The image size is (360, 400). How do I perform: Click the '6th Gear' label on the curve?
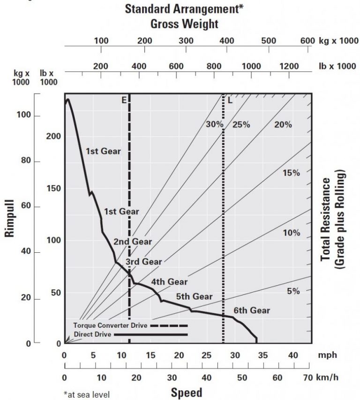pos(252,310)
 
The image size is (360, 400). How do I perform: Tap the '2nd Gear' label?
pos(132,242)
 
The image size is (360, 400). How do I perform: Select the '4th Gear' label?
pos(169,282)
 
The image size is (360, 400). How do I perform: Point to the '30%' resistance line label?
pos(214,124)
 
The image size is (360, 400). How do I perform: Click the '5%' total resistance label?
pos(293,291)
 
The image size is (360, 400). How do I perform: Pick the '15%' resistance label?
pos(291,173)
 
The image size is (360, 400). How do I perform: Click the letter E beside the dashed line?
pos(124,100)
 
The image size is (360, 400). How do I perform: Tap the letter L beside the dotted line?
pos(230,100)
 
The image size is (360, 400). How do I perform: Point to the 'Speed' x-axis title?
pos(186,392)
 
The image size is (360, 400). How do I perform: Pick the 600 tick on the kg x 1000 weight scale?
pos(307,40)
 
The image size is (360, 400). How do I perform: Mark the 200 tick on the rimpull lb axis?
pos(54,136)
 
